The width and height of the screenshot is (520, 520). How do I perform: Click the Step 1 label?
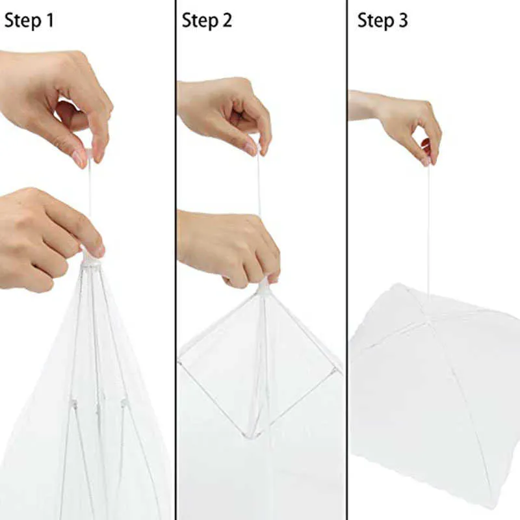pos(29,20)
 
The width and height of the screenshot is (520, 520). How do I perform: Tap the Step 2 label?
pos(207,20)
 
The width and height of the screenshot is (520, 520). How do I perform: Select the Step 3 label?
pos(383,20)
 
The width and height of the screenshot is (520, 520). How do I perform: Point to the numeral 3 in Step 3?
pos(403,20)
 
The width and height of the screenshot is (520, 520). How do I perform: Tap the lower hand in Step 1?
pos(45,237)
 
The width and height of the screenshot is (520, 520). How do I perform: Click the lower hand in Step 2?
pos(227,244)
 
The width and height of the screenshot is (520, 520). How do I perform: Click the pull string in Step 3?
pos(428,227)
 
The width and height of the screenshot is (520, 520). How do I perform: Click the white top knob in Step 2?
pos(263,286)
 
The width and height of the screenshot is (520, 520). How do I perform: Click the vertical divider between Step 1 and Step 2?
pos(175,260)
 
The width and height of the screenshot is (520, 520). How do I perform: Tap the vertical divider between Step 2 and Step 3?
pos(346,260)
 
